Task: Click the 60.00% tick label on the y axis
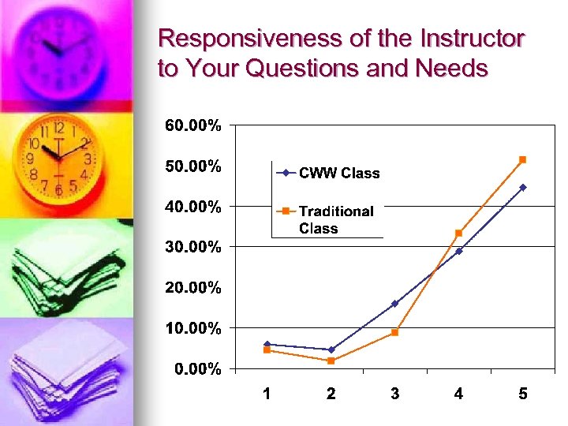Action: pos(192,125)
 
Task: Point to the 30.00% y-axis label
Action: pos(192,247)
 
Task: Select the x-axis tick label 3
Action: pos(394,394)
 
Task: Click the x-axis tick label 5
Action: pos(523,394)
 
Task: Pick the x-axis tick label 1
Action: pos(267,394)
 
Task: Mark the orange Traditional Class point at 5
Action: pos(522,159)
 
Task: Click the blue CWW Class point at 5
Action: pos(522,187)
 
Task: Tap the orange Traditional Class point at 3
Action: pos(394,332)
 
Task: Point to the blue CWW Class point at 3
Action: pos(394,303)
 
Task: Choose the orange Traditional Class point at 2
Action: pos(331,361)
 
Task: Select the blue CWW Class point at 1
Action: pos(267,344)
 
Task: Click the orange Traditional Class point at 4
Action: pos(458,233)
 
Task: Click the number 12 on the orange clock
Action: pos(58,128)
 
